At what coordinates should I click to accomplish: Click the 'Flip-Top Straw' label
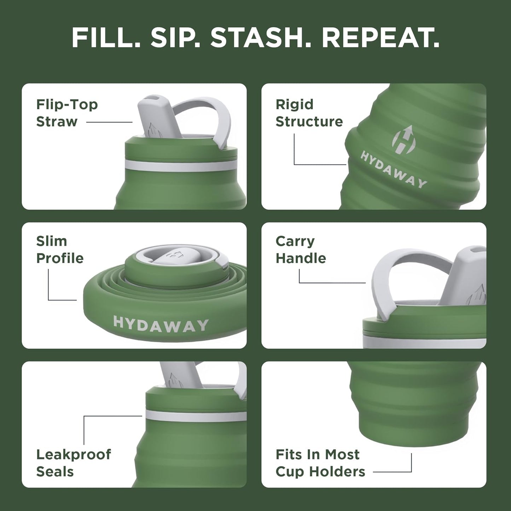click(67, 113)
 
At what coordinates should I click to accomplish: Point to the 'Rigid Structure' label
click(309, 113)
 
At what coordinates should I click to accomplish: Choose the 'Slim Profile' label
click(60, 250)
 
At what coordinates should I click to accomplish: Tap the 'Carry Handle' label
click(301, 250)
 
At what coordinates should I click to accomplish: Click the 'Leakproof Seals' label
click(74, 463)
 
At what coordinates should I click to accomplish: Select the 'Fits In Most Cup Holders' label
click(320, 463)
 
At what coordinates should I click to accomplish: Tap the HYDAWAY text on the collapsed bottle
click(161, 325)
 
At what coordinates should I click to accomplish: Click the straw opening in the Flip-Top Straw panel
click(155, 98)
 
